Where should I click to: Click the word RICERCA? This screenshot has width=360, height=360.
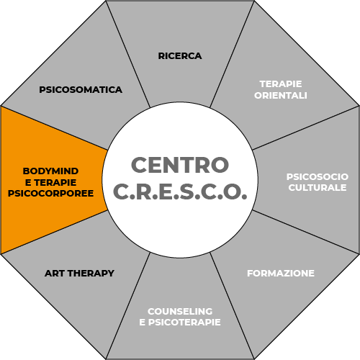(180, 56)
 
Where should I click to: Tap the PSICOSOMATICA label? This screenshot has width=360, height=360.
(81, 90)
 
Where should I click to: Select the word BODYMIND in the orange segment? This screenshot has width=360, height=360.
(50, 171)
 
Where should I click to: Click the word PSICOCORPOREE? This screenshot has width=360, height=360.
(50, 194)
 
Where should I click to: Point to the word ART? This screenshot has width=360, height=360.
(55, 274)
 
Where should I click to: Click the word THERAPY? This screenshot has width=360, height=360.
(91, 274)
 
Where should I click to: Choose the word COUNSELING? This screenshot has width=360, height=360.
(180, 311)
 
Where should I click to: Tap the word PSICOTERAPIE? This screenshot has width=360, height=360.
(184, 323)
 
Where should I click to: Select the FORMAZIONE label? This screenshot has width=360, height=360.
(281, 274)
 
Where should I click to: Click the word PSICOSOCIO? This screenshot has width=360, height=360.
(318, 177)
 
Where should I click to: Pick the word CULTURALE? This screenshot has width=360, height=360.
(318, 188)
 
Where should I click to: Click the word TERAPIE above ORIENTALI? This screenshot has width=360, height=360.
(281, 84)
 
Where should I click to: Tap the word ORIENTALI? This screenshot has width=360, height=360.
(281, 96)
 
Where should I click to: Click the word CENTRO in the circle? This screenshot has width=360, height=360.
(180, 165)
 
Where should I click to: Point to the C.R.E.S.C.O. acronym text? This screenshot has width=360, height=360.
(180, 192)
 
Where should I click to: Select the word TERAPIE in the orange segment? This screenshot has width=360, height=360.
(55, 182)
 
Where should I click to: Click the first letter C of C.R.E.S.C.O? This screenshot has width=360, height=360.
(121, 192)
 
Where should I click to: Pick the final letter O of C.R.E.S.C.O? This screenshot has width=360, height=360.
(232, 192)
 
